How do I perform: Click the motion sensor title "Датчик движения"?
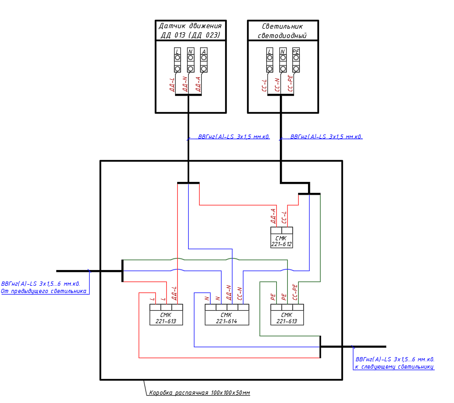(x=190, y=26)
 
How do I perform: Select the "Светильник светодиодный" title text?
(x=283, y=31)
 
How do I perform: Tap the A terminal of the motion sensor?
(x=204, y=60)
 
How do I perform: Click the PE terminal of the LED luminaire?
(x=296, y=60)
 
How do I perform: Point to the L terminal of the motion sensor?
(x=178, y=60)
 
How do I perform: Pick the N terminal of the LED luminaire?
(x=283, y=60)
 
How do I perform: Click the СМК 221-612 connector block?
(x=281, y=238)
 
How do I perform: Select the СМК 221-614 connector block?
(x=227, y=315)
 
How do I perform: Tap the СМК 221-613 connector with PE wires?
(x=287, y=315)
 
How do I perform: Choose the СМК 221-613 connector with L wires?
(x=166, y=315)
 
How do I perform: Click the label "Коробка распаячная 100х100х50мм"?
(x=200, y=393)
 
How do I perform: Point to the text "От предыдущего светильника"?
(x=44, y=291)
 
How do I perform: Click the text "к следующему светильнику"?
(x=395, y=367)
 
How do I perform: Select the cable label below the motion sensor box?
(x=234, y=137)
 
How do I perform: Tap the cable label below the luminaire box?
(x=326, y=137)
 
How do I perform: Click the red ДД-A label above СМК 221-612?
(x=273, y=216)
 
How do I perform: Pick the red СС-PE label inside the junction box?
(x=295, y=292)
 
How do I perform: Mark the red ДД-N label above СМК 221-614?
(x=229, y=292)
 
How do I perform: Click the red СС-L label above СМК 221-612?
(x=284, y=217)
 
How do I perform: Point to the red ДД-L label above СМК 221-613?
(x=174, y=294)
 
